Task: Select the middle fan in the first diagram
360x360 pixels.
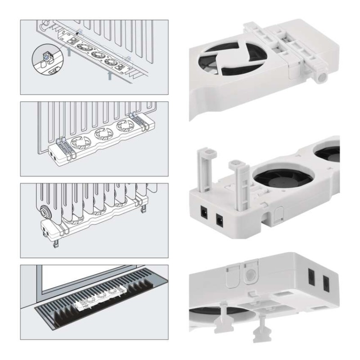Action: coord(95,54)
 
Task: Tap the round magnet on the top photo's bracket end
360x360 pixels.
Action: coord(321,78)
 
